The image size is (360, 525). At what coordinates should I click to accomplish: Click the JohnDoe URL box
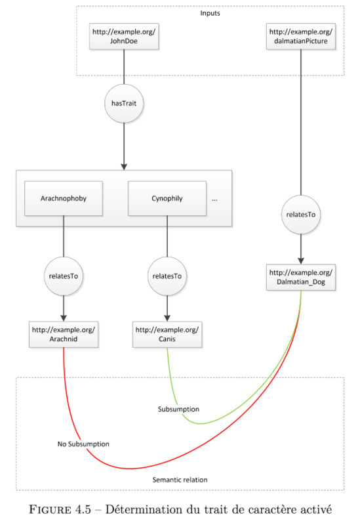[x=124, y=37]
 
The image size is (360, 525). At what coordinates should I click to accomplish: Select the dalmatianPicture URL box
[x=301, y=37]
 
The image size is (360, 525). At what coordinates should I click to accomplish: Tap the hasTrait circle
[x=124, y=104]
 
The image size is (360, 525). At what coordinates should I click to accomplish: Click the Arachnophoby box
[x=64, y=199]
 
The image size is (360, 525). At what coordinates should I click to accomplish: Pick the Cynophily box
[x=167, y=199]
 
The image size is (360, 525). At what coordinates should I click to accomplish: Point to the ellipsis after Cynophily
[x=214, y=200]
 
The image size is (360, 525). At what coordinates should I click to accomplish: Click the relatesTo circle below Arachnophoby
[x=64, y=276]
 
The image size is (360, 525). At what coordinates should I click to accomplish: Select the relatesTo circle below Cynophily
[x=167, y=276]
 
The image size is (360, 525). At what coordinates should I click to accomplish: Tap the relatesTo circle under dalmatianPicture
[x=301, y=215]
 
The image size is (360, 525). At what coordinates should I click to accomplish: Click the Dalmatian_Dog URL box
[x=301, y=277]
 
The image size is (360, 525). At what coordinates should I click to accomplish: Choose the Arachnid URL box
[x=64, y=335]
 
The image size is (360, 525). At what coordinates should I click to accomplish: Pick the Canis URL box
[x=167, y=335]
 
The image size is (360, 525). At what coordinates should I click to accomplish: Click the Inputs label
[x=210, y=13]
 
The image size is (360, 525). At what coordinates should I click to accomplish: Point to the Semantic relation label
[x=180, y=480]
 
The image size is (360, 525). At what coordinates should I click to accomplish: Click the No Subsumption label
[x=83, y=444]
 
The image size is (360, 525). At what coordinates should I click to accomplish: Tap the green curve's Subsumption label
[x=178, y=409]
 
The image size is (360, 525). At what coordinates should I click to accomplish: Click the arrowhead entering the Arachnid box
[x=64, y=318]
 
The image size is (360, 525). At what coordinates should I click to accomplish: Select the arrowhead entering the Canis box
[x=167, y=318]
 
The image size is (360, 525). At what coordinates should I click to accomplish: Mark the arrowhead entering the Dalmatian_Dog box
[x=301, y=261]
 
